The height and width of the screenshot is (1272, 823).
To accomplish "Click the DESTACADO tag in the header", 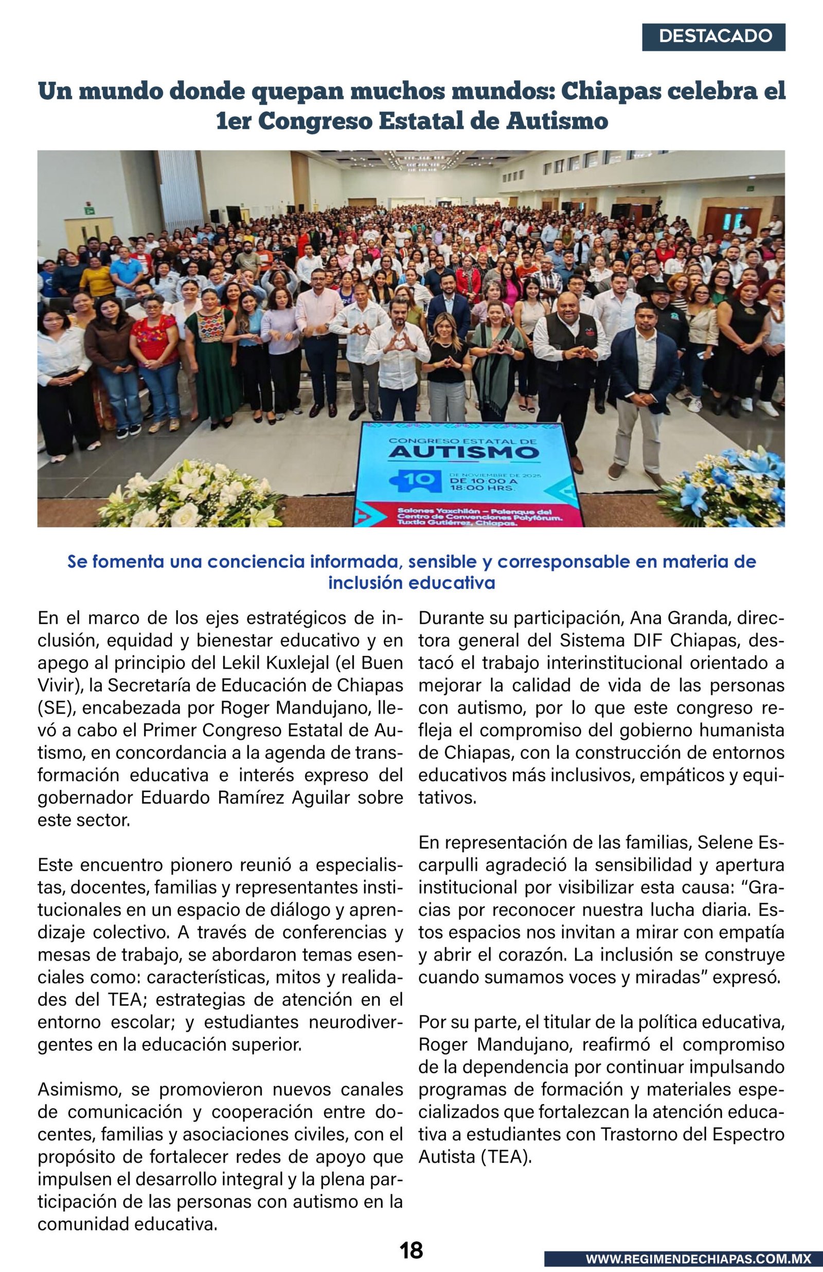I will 714,37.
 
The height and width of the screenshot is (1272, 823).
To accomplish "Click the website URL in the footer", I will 698,1259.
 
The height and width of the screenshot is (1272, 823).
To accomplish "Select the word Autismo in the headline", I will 558,121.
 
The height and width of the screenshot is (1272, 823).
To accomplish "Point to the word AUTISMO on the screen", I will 463,453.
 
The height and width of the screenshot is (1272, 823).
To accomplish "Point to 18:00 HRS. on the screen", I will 481,488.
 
